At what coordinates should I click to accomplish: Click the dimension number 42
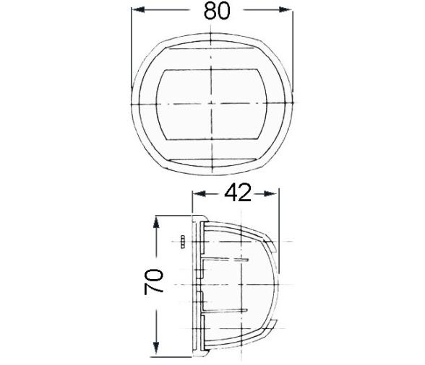click(x=237, y=193)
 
